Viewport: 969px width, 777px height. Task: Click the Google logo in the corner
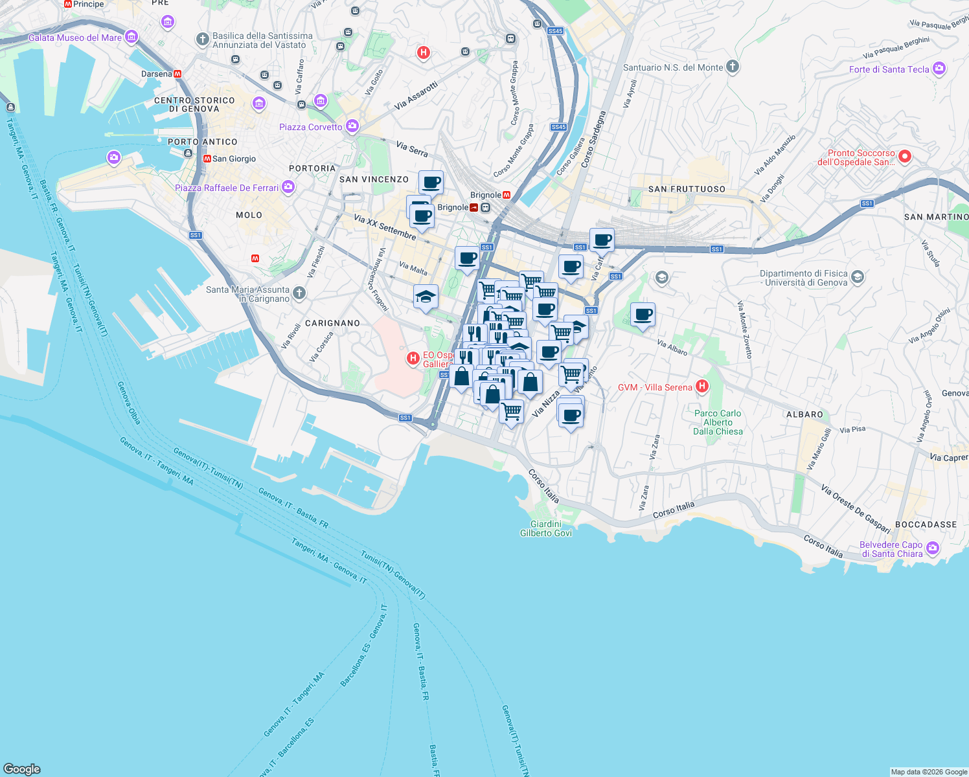coord(22,769)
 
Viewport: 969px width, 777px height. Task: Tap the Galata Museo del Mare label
coord(74,38)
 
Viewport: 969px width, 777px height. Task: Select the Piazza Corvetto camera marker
coord(352,126)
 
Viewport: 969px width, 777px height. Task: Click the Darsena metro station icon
coord(177,74)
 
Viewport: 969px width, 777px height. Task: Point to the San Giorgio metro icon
coord(207,159)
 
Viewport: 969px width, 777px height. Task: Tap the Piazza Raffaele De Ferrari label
coord(227,188)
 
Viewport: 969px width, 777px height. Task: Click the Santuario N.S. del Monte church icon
coord(733,67)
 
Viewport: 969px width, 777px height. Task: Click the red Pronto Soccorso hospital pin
coord(905,156)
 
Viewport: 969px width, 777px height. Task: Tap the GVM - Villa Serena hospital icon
coord(701,387)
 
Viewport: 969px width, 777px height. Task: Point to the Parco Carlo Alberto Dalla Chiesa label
coord(718,422)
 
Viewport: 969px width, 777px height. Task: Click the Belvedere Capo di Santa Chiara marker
coord(933,548)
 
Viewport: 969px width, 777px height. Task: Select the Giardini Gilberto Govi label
coord(546,528)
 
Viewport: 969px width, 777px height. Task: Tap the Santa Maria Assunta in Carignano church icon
coord(299,293)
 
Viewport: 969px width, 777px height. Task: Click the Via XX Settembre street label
coord(385,227)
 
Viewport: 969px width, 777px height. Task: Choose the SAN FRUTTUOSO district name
coord(687,189)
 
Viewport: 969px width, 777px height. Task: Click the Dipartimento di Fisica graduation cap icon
coord(857,277)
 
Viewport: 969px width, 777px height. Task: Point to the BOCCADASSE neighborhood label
coord(926,524)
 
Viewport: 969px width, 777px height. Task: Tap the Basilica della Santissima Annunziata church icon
coord(203,39)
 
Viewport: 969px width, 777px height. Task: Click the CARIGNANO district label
coord(332,323)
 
